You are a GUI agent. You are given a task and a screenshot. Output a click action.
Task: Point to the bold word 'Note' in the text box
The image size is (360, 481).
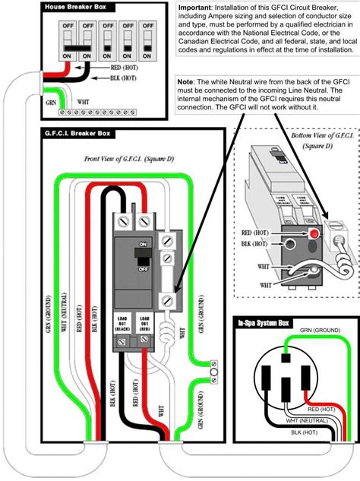coord(186,81)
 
